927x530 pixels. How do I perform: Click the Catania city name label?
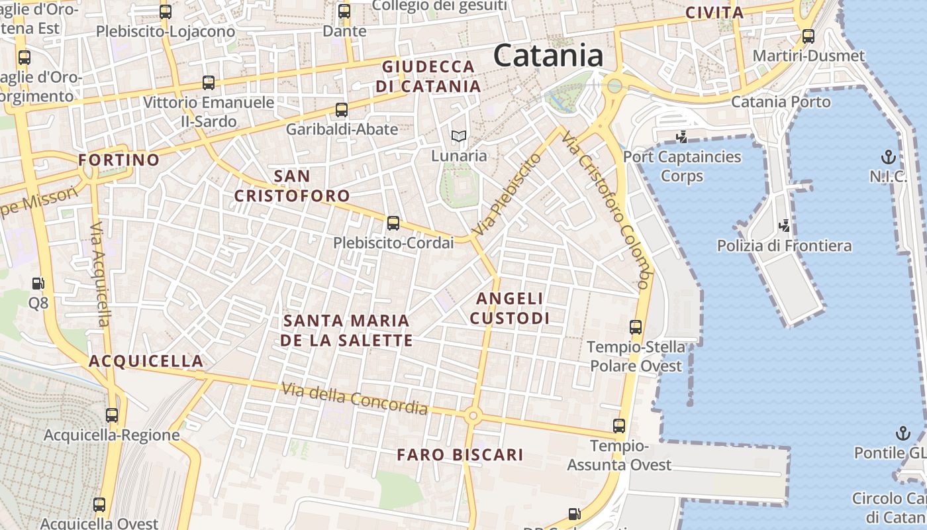[x=548, y=56]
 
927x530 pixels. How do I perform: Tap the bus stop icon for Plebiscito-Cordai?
[x=393, y=223]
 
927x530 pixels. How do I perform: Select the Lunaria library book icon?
[x=459, y=137]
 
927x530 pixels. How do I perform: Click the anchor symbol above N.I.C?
[x=888, y=157]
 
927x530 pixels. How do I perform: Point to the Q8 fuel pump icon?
[x=38, y=284]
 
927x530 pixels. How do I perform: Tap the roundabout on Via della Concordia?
[x=472, y=416]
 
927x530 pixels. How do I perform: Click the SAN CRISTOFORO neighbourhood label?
[x=292, y=186]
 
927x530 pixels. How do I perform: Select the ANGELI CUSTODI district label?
[x=510, y=309]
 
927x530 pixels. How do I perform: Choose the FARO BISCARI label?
[x=460, y=455]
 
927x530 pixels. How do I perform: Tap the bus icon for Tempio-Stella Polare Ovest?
[x=636, y=327]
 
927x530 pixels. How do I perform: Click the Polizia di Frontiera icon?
[x=785, y=226]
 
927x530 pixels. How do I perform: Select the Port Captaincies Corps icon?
[x=681, y=137]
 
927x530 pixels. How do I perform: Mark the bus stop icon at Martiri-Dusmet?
[x=808, y=36]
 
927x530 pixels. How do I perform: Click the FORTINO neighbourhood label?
[x=119, y=160]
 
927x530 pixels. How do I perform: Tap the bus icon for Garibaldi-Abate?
[x=342, y=110]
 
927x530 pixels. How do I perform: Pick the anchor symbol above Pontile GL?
[x=903, y=433]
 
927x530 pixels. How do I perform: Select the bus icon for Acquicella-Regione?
[x=112, y=415]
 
